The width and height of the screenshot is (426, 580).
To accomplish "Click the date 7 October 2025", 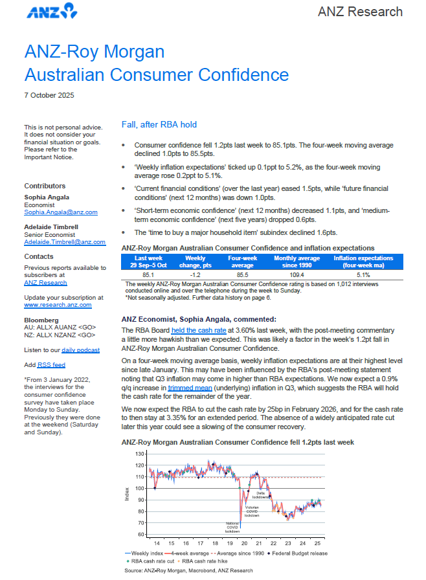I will coord(49,95).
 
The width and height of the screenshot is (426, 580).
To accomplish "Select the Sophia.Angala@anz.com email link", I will coord(61,212).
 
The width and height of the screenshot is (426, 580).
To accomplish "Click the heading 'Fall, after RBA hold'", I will coord(159,124).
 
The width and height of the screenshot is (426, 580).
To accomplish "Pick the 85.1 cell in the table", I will coord(147,274).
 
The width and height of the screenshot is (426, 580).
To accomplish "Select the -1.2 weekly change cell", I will coord(192,274).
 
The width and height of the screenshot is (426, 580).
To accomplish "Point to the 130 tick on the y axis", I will coord(140,454).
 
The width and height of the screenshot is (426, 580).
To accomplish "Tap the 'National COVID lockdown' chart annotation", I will coord(232,528).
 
